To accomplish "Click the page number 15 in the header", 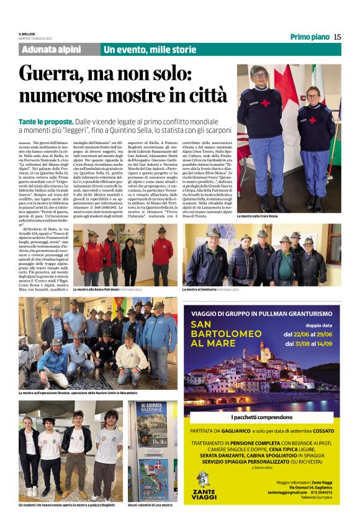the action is point(337,37).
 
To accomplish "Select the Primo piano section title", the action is point(310,37).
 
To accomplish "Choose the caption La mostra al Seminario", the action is point(207,289).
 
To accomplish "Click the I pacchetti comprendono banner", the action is point(261,418).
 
